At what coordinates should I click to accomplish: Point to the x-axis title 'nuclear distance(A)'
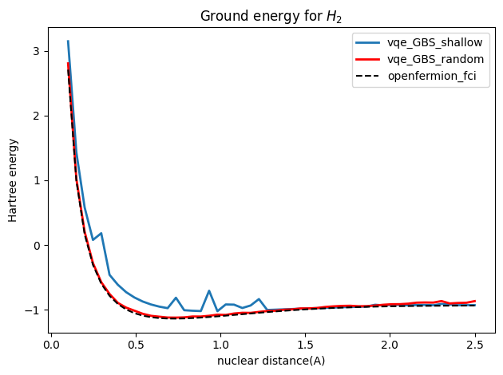tap(271, 361)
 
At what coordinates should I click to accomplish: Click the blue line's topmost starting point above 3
tap(68, 41)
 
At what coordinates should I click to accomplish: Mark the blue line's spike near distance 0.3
tap(101, 233)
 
